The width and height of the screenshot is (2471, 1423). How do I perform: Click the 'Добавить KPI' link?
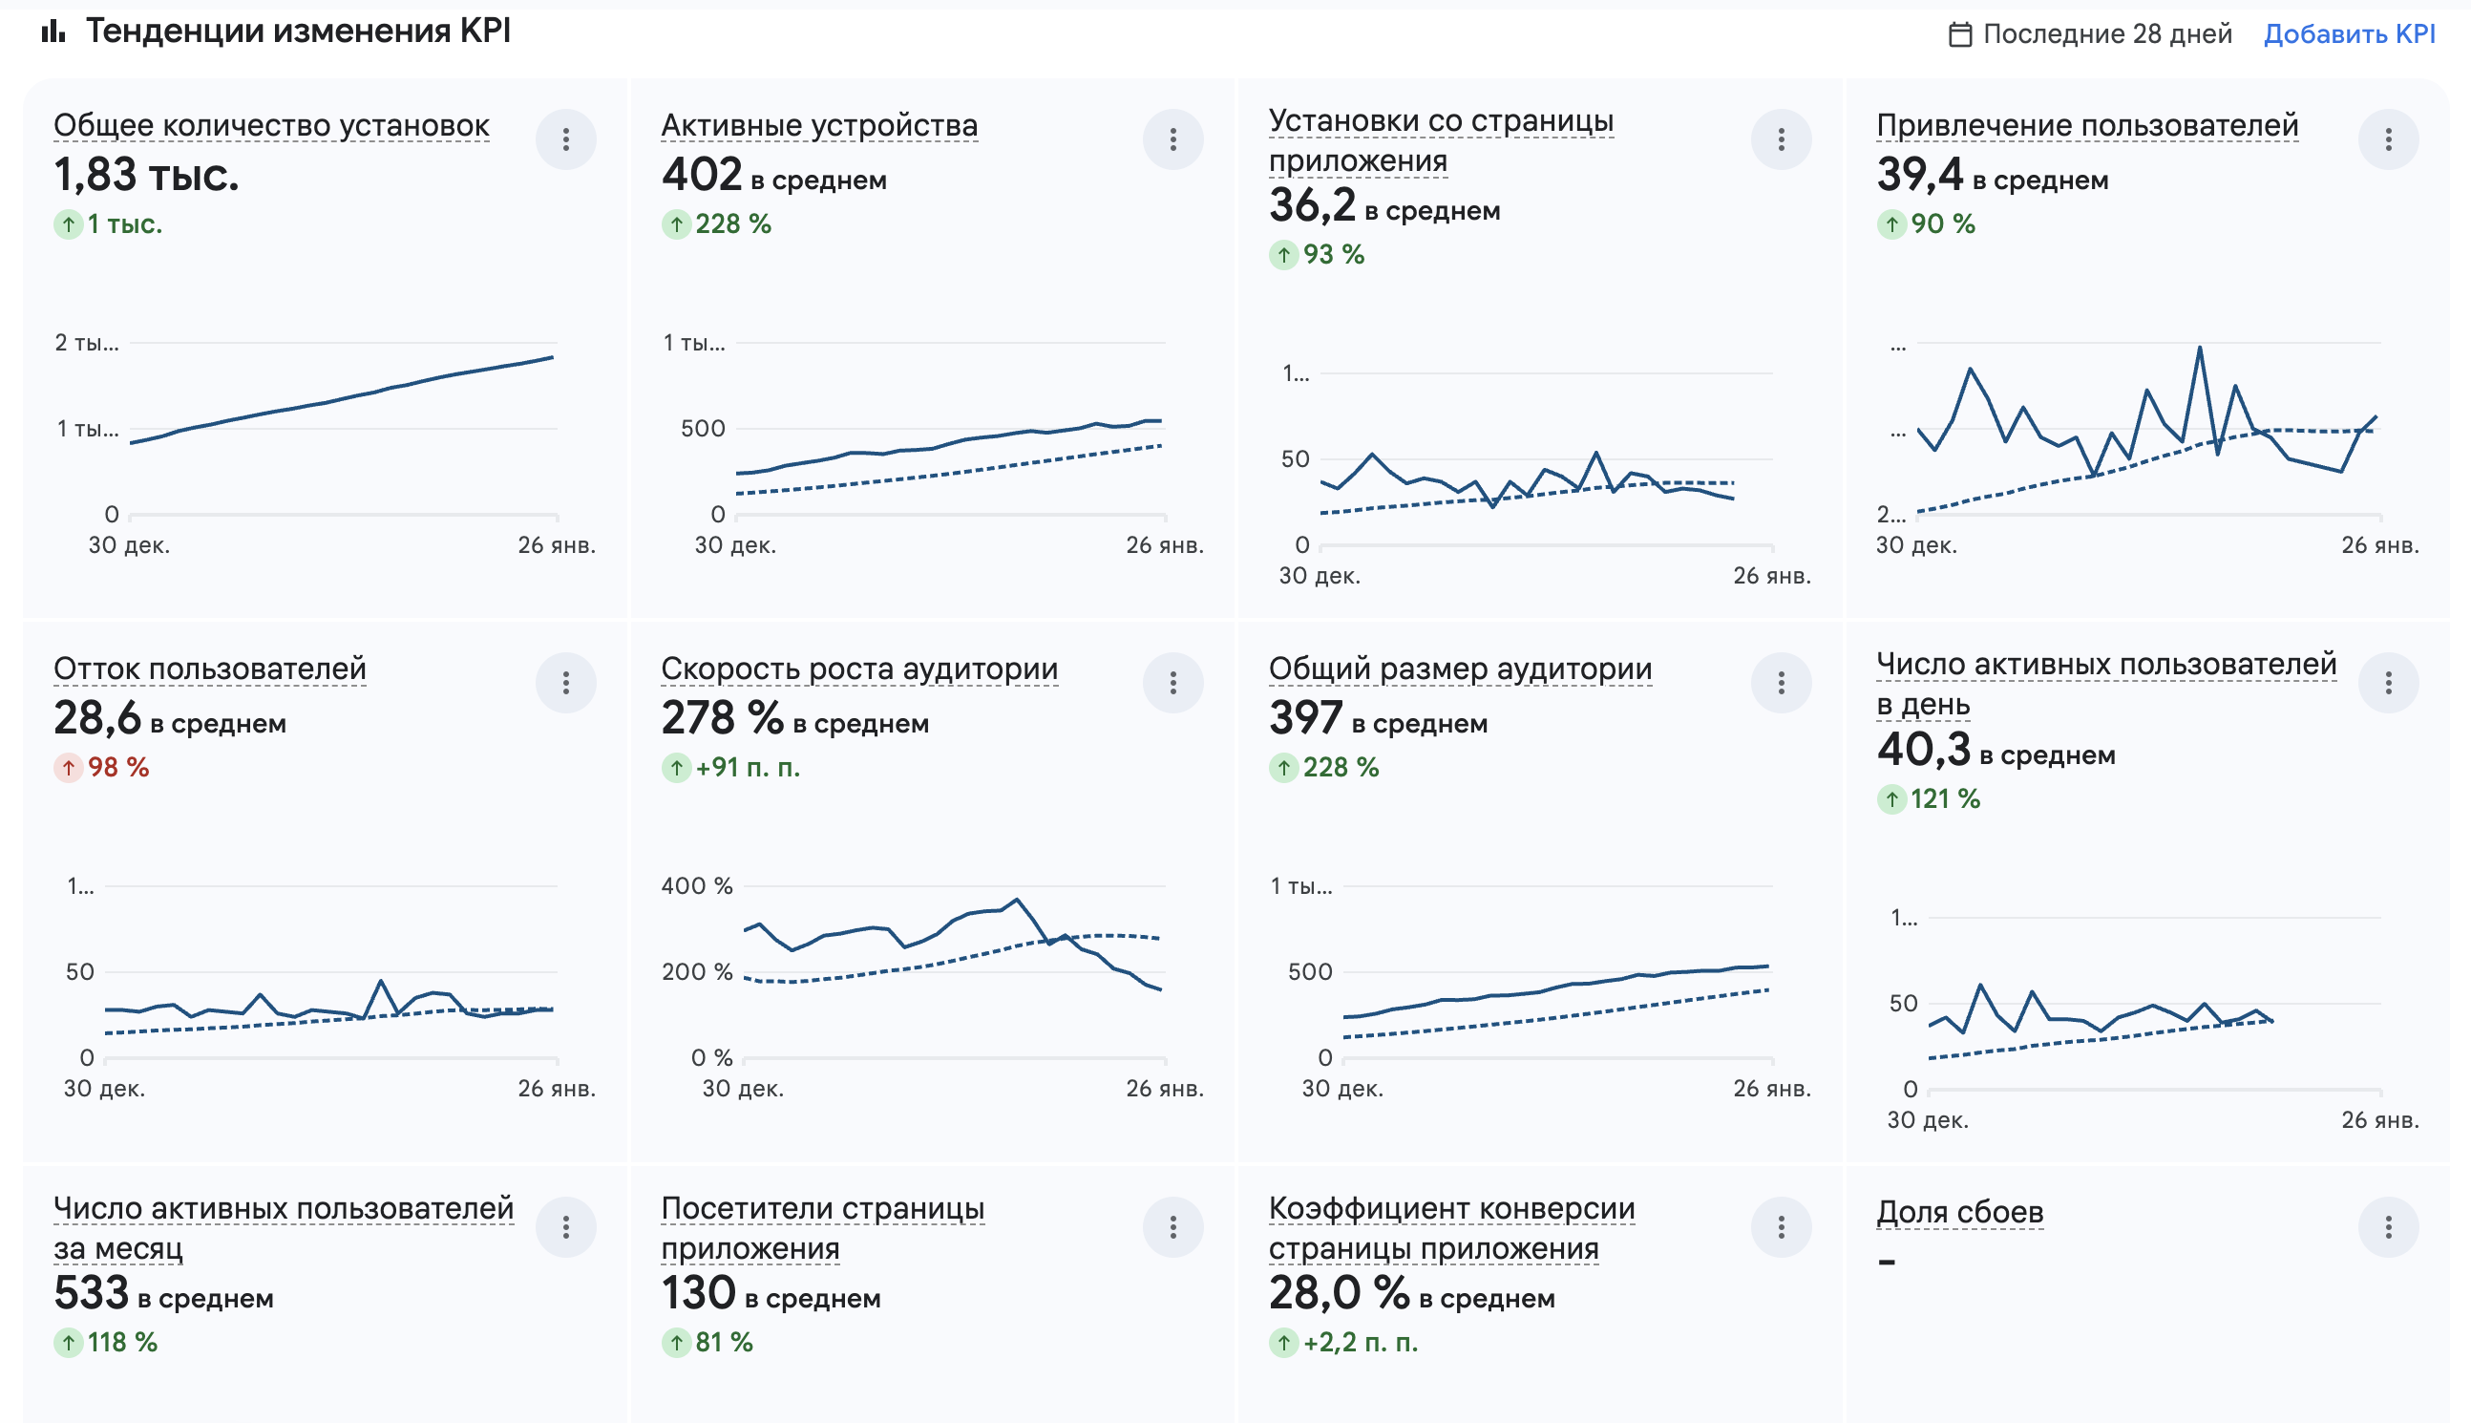[x=2348, y=34]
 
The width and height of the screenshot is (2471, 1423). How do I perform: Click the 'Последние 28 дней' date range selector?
[x=2090, y=34]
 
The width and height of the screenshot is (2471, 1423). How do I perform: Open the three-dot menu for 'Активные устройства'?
[x=1172, y=139]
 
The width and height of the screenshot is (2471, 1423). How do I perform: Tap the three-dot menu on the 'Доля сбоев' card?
[x=2388, y=1226]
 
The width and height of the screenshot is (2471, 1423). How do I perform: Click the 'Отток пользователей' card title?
[x=209, y=669]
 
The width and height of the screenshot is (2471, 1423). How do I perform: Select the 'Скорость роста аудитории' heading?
[x=859, y=669]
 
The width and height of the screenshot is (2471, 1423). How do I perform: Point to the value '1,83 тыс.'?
[x=145, y=176]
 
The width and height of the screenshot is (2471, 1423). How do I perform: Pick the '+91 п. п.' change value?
[x=747, y=767]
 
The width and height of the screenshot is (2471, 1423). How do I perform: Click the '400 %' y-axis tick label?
[x=696, y=885]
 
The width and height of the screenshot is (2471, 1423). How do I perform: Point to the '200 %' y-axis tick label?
[x=696, y=971]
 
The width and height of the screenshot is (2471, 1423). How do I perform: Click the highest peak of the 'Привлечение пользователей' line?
[x=2200, y=347]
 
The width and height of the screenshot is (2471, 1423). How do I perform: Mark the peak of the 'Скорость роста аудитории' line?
[x=1017, y=899]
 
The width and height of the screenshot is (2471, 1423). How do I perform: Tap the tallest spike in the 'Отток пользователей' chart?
[x=380, y=980]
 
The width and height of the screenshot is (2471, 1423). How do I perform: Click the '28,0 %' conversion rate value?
[x=1339, y=1293]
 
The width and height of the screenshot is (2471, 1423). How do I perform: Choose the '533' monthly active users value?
[x=91, y=1293]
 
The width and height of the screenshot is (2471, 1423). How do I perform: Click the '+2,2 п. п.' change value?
[x=1360, y=1342]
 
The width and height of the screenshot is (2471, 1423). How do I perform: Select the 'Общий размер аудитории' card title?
[x=1460, y=669]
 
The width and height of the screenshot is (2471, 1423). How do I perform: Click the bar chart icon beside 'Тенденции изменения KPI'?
[x=53, y=32]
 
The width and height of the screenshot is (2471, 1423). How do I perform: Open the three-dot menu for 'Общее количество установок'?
[x=566, y=139]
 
